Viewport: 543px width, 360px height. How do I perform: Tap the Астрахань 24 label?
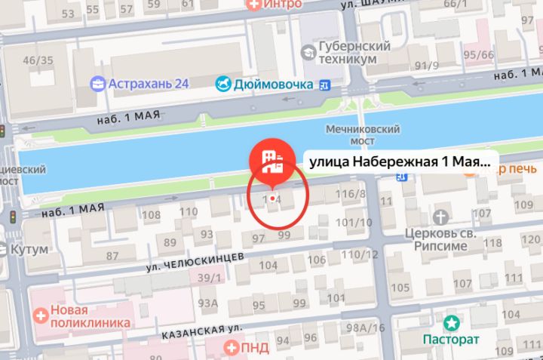(x=148, y=83)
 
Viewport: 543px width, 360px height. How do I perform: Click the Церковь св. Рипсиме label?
(x=440, y=238)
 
